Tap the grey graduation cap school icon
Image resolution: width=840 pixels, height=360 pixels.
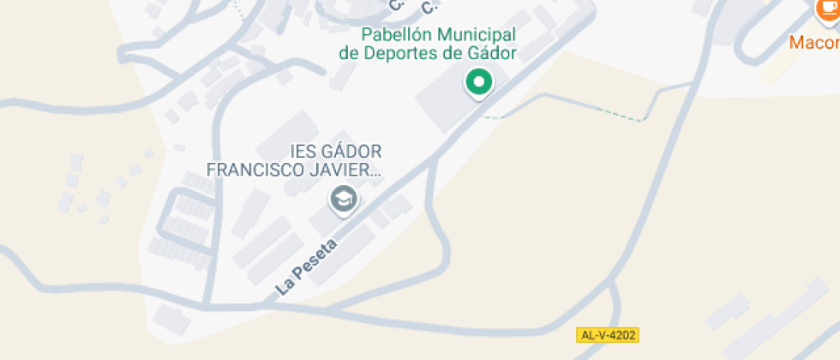coord(344,199)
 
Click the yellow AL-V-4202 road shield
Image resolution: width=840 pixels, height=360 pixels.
coord(609,334)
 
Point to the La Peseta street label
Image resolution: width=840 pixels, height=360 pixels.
coord(307,267)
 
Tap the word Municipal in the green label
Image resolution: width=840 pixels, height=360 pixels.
coord(477,35)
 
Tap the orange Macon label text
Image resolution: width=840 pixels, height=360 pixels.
coord(813,42)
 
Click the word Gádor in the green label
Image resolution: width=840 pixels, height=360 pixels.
coord(493,53)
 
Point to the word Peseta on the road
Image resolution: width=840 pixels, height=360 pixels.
coord(315,260)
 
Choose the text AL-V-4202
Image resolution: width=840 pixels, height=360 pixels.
coord(609,334)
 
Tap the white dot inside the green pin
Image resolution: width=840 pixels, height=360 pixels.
coord(479,82)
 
